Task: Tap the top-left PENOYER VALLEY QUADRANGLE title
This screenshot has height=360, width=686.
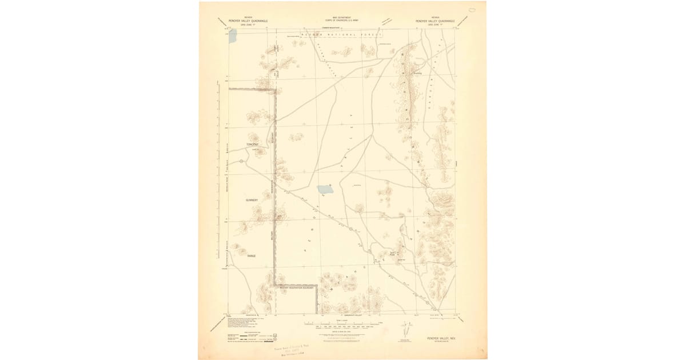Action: point(248,21)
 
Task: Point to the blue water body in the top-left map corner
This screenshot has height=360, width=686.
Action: point(233,35)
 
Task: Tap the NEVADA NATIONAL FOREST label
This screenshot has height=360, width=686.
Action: point(340,35)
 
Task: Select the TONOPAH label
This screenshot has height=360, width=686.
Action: point(252,145)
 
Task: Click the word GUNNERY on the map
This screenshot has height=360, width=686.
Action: point(252,200)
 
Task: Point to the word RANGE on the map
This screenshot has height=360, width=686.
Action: point(251,256)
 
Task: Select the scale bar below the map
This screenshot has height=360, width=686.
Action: point(341,326)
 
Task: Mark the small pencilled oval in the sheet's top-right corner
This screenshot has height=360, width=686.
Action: point(472,10)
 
